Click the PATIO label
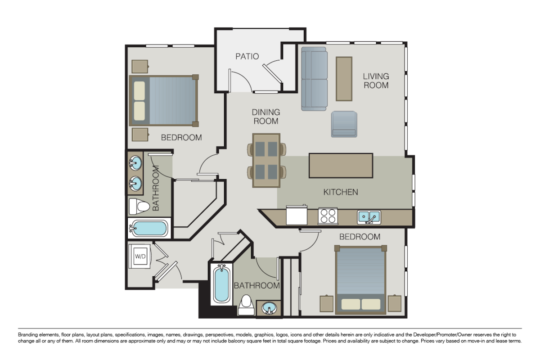coord(247,57)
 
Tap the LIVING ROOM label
coord(376,81)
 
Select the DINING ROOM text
coord(265,117)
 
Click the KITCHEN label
coord(341,192)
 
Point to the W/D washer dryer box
coord(140,256)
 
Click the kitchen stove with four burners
coord(328,216)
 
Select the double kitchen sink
coord(369,217)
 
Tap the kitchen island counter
coord(341,165)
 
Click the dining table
coord(266,160)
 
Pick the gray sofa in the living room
coord(314,79)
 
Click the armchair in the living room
coord(344,124)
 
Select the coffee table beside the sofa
coord(344,79)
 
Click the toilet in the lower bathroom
coord(246,305)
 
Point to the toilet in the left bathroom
coord(139,207)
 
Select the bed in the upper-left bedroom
coord(164,100)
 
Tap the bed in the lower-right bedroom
coord(360,279)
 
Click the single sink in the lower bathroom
coord(269,308)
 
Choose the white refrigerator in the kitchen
coord(297,215)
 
